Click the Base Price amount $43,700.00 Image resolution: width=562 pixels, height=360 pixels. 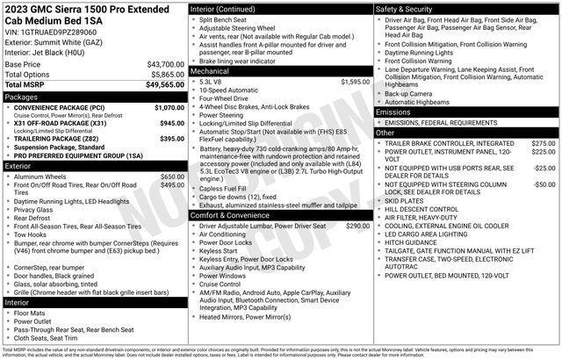(165, 65)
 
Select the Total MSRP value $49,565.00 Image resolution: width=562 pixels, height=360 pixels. (164, 85)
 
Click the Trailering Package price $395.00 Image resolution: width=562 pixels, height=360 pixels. (171, 139)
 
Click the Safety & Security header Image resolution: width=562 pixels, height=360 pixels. (407, 8)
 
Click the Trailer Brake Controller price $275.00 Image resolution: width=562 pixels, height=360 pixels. (543, 143)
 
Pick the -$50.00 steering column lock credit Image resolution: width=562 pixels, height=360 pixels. (544, 184)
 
